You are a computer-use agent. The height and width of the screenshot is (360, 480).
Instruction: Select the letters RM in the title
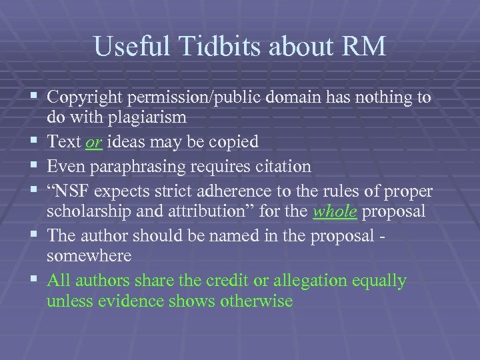pyautogui.click(x=365, y=47)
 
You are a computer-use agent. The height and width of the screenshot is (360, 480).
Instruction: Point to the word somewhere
pyautogui.click(x=89, y=256)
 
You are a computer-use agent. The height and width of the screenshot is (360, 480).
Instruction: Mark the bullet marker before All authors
pyautogui.click(x=35, y=281)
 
